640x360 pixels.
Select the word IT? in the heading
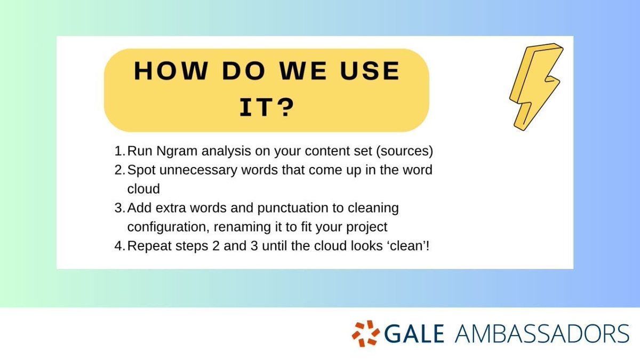point(266,107)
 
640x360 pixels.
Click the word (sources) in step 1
point(405,151)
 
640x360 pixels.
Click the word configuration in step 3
point(162,227)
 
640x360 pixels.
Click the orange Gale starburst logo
point(365,333)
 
